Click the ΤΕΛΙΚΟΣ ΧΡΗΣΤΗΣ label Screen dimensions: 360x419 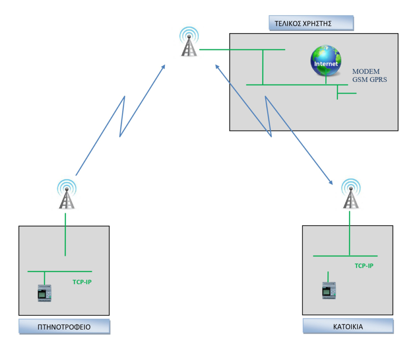tap(311, 23)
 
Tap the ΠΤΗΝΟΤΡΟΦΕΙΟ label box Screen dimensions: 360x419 tap(64, 327)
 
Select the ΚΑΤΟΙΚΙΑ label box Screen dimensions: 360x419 tap(348, 326)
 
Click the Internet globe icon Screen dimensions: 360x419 tap(326, 61)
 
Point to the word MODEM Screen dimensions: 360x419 tap(366, 72)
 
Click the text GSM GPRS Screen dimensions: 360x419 tap(369, 80)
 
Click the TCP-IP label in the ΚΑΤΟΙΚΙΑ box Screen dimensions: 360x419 tap(364, 266)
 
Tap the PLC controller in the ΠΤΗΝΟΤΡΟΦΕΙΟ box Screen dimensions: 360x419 tap(45, 293)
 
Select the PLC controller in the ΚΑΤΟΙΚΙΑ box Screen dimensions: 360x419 tap(329, 290)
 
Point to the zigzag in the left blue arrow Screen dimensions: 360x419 tap(122, 117)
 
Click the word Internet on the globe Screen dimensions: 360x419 tap(326, 64)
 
